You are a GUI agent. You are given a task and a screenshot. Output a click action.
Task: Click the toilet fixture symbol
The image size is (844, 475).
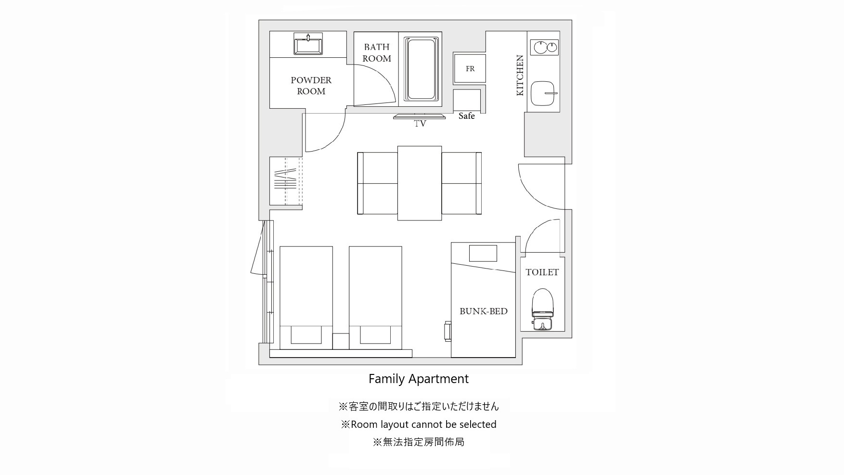point(542,309)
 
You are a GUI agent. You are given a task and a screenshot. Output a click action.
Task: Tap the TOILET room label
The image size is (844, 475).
point(542,272)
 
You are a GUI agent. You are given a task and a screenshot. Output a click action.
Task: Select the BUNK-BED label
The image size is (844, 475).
point(483,311)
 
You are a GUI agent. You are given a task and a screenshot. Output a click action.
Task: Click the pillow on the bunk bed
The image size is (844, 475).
point(483,253)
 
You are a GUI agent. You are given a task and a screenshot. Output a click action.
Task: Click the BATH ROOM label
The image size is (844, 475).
point(376,53)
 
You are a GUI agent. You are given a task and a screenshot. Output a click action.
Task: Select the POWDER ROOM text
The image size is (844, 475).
point(311,86)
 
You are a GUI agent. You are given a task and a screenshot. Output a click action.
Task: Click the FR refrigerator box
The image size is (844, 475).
point(470,69)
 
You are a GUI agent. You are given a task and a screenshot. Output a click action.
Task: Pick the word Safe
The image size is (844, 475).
point(466,116)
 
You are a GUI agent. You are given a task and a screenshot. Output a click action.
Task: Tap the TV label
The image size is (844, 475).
point(420,124)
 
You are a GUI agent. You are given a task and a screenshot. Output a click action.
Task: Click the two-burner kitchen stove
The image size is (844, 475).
point(545,47)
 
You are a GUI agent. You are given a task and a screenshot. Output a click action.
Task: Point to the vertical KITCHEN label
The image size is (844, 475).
point(520,75)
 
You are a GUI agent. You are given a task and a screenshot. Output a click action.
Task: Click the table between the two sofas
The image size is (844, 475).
point(420,183)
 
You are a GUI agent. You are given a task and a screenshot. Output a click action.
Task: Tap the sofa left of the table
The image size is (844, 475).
point(378,183)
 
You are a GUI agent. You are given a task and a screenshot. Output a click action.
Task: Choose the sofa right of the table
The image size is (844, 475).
point(461,183)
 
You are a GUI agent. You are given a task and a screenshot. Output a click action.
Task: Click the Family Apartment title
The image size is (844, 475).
point(419,379)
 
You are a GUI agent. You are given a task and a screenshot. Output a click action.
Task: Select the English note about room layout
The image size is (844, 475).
point(419,424)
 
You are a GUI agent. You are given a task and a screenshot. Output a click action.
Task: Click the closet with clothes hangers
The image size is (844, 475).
point(286,181)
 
